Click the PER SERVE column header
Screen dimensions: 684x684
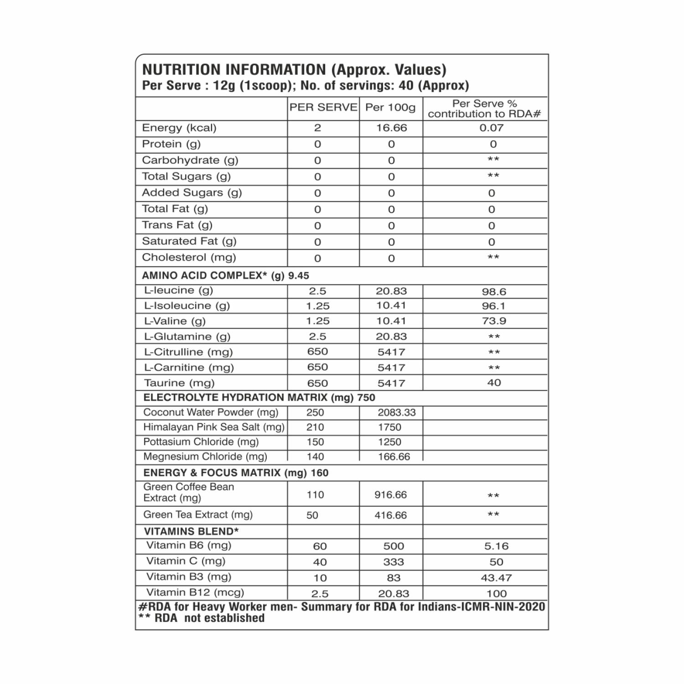pos(323,108)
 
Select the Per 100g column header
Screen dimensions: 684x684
pos(391,108)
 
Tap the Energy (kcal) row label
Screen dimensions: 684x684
pos(179,128)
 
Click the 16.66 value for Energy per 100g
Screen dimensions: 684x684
pos(391,128)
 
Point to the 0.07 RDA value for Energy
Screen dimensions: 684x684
pos(491,128)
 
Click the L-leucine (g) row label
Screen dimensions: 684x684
pos(178,290)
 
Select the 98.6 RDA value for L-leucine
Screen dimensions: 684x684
pos(494,292)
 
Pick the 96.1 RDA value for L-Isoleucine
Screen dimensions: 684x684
pos(494,306)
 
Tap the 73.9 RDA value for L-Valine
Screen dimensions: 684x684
pos(494,321)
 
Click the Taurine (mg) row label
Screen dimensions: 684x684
pos(179,383)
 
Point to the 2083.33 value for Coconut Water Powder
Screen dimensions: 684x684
pos(397,413)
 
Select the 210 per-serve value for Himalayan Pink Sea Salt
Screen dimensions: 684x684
pos(315,428)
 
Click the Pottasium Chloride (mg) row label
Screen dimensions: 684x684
pos(201,442)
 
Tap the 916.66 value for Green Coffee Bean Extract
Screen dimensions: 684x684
pos(391,495)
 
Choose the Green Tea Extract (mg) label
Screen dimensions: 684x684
pos(198,515)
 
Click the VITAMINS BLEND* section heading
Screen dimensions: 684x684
pos(192,531)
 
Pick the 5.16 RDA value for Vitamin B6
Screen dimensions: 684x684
pos(496,546)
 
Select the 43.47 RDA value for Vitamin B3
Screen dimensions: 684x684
pos(496,578)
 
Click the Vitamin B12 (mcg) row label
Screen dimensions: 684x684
pos(195,592)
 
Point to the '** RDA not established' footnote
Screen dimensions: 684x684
pos(202,618)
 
